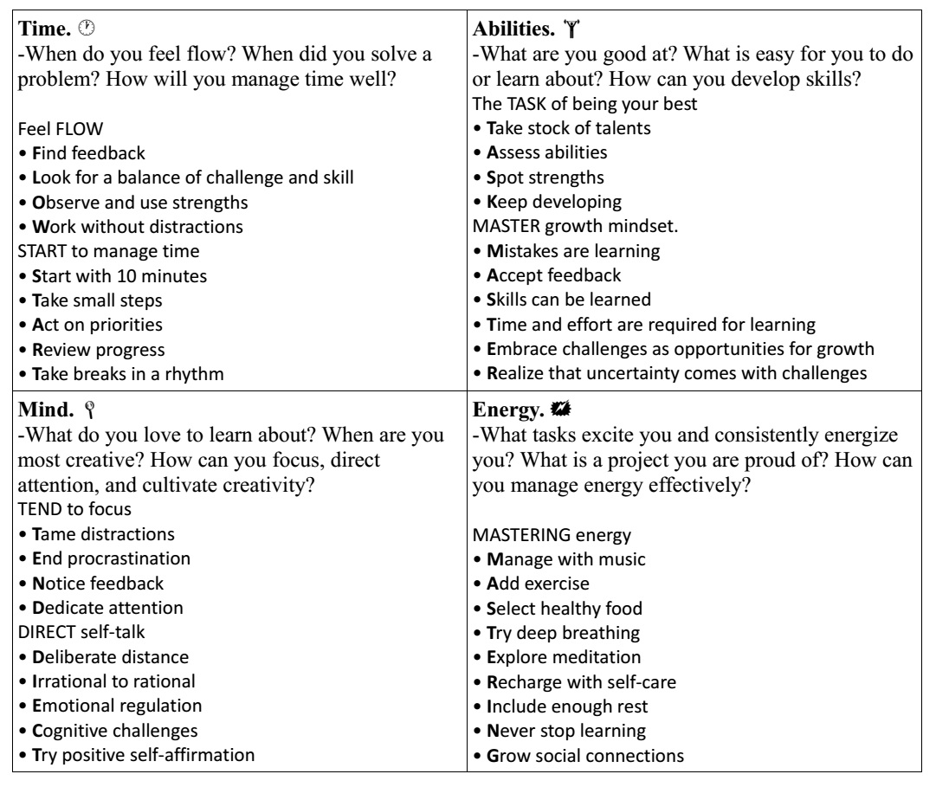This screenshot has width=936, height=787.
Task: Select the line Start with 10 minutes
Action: click(110, 277)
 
